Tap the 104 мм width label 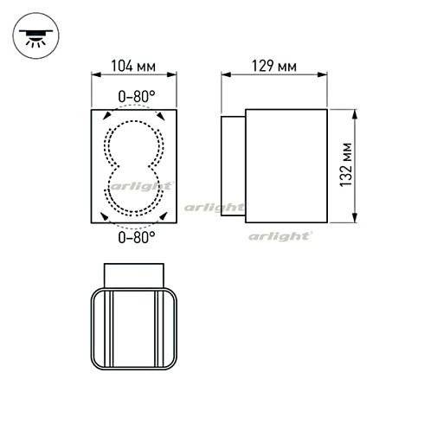pyautogui.click(x=134, y=65)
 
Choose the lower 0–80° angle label pyautogui.click(x=135, y=235)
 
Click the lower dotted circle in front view pyautogui.click(x=135, y=190)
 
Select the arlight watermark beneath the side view pyautogui.click(x=282, y=235)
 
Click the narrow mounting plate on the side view pyautogui.click(x=234, y=165)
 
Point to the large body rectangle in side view pyautogui.click(x=286, y=165)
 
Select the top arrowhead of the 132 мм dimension pyautogui.click(x=355, y=113)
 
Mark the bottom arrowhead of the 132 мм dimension pyautogui.click(x=355, y=218)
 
